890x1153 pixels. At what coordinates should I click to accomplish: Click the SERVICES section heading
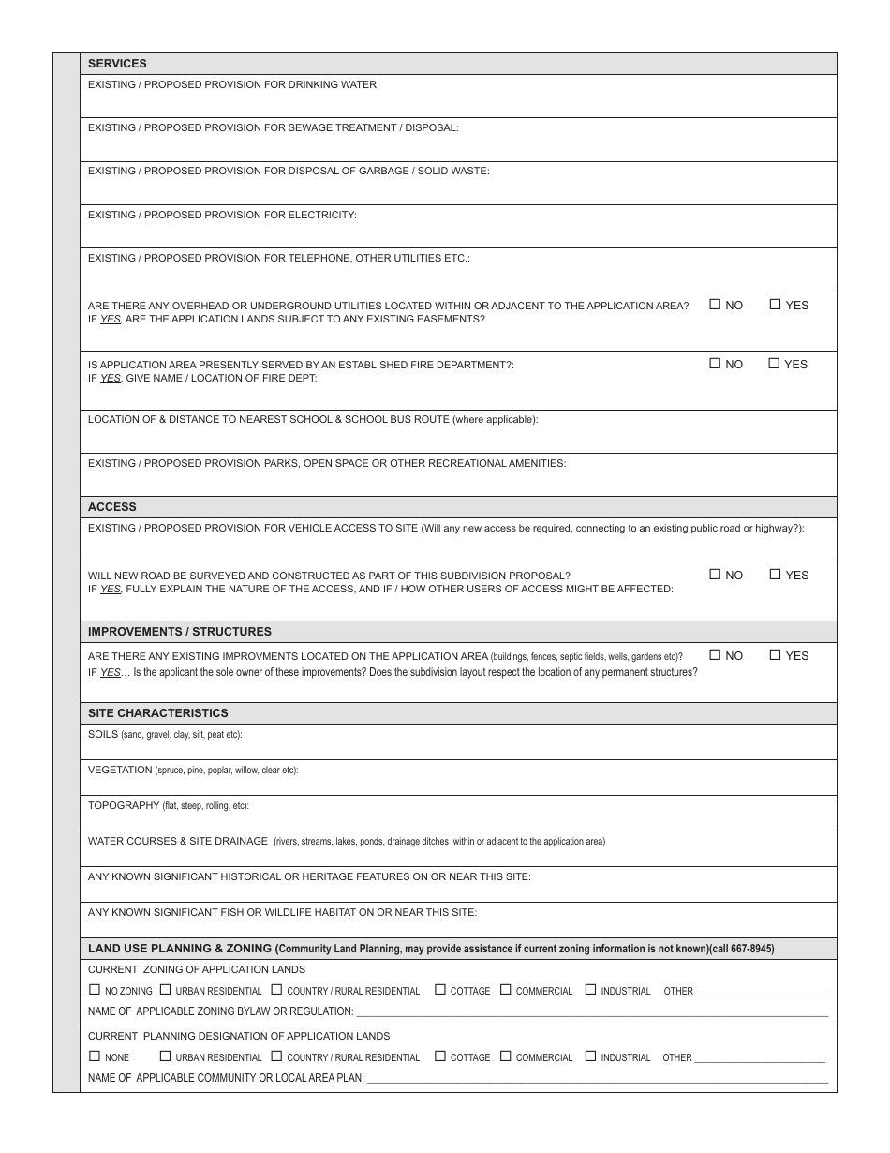coord(117,64)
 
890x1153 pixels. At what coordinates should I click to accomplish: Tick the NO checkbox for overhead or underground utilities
coord(716,305)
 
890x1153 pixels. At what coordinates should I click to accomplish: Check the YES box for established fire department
coord(775,364)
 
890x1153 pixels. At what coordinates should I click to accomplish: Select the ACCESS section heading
coord(111,507)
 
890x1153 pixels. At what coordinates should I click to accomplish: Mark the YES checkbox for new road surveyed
coord(776,575)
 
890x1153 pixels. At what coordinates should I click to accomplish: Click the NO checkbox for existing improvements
coord(716,655)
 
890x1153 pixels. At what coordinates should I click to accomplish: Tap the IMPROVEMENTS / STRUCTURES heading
coord(179,632)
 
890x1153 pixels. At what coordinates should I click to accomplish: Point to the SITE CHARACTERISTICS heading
coord(157,713)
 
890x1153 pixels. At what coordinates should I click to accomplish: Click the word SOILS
coord(103,735)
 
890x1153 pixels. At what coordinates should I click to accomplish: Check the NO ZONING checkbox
coord(95,990)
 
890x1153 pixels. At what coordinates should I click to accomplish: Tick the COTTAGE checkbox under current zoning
coord(440,990)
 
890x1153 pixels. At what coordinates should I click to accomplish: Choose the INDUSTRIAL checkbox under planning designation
coord(590,1056)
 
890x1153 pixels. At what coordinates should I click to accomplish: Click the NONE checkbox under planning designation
coord(95,1056)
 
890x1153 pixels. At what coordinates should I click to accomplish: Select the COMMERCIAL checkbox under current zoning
coord(506,990)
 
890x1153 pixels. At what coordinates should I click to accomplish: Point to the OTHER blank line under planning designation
coord(760,1059)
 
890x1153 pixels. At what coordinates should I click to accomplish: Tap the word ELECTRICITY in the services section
coord(322,216)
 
